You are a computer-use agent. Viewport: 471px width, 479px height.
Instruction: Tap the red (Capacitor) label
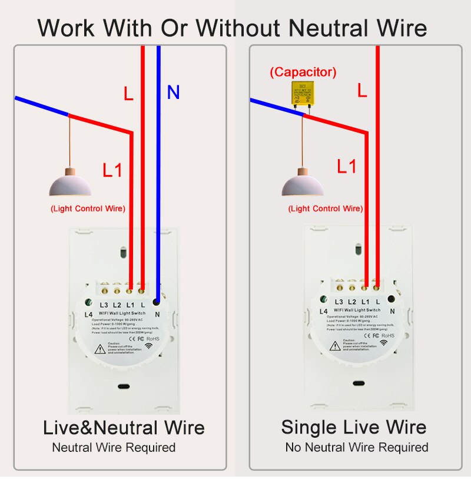tap(303, 72)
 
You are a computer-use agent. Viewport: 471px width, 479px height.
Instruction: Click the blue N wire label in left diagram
tap(173, 93)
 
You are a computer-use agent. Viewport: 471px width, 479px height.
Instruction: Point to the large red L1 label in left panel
tap(112, 170)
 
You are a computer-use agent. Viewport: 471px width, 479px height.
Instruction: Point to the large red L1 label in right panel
tap(347, 167)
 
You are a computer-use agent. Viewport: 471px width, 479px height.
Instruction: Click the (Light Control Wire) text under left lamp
tap(88, 208)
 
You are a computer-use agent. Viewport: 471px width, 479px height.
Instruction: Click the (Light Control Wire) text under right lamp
tap(325, 209)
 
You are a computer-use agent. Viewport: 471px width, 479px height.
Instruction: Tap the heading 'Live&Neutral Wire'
tap(124, 428)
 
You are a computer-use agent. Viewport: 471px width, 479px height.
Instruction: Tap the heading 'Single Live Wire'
tap(353, 427)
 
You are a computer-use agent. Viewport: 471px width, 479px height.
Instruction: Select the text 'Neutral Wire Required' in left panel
tap(114, 448)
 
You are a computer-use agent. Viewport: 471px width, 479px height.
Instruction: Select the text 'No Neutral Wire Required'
tap(357, 448)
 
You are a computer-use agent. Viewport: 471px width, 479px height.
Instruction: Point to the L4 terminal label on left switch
tap(89, 314)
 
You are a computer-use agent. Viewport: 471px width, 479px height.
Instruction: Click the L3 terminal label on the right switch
tap(339, 302)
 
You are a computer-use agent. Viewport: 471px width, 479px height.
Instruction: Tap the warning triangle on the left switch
tap(100, 348)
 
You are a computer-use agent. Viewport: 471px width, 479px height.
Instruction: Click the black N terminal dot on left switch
tap(157, 302)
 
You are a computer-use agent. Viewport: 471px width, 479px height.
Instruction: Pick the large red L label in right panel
tap(362, 90)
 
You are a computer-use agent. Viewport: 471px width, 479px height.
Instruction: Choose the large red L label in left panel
tap(128, 93)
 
